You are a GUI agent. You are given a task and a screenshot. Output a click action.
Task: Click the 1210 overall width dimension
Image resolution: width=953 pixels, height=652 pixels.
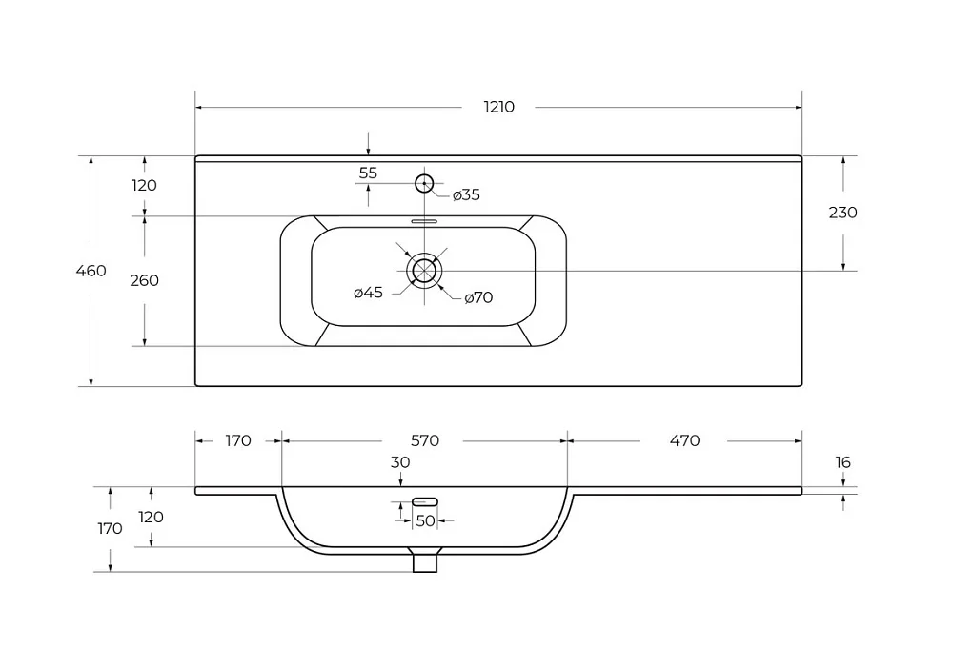pyautogui.click(x=499, y=107)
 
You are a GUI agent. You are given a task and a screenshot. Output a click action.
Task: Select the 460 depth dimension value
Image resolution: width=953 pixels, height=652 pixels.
pyautogui.click(x=91, y=271)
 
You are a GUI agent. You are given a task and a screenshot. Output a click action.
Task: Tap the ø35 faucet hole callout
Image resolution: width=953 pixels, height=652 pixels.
pyautogui.click(x=466, y=195)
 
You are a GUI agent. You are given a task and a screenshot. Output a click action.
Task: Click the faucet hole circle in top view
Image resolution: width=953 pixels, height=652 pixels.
pyautogui.click(x=424, y=183)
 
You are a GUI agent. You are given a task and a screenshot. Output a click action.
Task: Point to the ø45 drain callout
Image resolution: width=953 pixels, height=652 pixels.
pyautogui.click(x=368, y=293)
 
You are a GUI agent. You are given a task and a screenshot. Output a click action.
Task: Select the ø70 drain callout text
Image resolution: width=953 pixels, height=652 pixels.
pyautogui.click(x=478, y=297)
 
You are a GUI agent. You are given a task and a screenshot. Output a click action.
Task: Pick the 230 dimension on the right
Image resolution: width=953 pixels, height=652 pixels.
pyautogui.click(x=843, y=212)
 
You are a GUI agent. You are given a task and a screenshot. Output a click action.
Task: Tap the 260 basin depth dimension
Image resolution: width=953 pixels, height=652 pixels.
pyautogui.click(x=145, y=280)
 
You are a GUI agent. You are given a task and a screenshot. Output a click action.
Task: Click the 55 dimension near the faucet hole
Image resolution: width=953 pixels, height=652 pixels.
pyautogui.click(x=368, y=173)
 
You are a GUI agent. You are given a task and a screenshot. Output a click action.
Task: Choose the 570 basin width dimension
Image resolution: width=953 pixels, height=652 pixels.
pyautogui.click(x=425, y=440)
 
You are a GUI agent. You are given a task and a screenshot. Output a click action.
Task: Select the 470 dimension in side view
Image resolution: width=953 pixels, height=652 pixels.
pyautogui.click(x=685, y=440)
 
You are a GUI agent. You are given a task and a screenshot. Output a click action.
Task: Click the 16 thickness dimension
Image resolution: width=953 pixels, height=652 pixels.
pyautogui.click(x=843, y=462)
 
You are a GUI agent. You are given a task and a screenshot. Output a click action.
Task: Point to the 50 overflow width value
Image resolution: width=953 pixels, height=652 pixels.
pyautogui.click(x=425, y=520)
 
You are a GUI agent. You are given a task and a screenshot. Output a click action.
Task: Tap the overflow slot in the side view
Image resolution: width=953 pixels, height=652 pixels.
pyautogui.click(x=425, y=501)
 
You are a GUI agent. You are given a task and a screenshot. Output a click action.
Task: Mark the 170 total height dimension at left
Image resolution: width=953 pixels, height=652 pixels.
pyautogui.click(x=110, y=529)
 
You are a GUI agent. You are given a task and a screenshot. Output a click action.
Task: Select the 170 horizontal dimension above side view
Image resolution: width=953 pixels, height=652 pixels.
pyautogui.click(x=238, y=440)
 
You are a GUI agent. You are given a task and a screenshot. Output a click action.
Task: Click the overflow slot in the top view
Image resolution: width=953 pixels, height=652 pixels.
pyautogui.click(x=424, y=221)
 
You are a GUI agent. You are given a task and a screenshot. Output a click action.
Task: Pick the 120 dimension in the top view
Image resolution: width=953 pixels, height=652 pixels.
pyautogui.click(x=144, y=185)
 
